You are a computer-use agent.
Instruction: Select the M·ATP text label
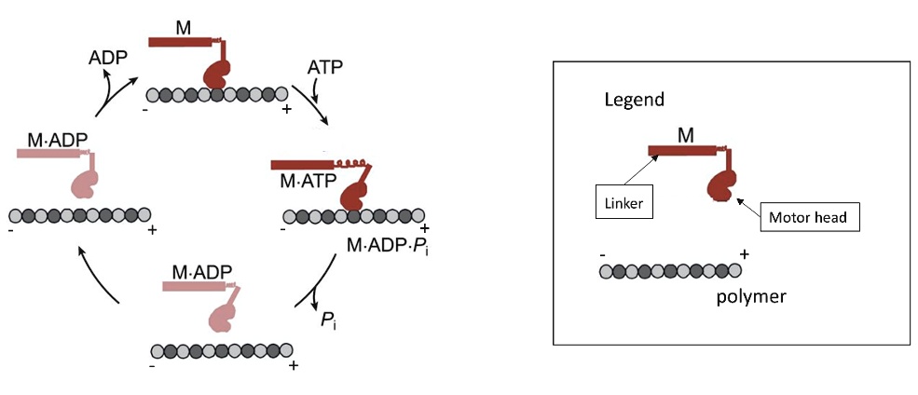[306, 182]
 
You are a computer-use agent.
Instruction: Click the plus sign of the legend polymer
[745, 253]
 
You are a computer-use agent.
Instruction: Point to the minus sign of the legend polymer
[604, 253]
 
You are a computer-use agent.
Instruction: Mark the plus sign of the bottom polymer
[293, 365]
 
